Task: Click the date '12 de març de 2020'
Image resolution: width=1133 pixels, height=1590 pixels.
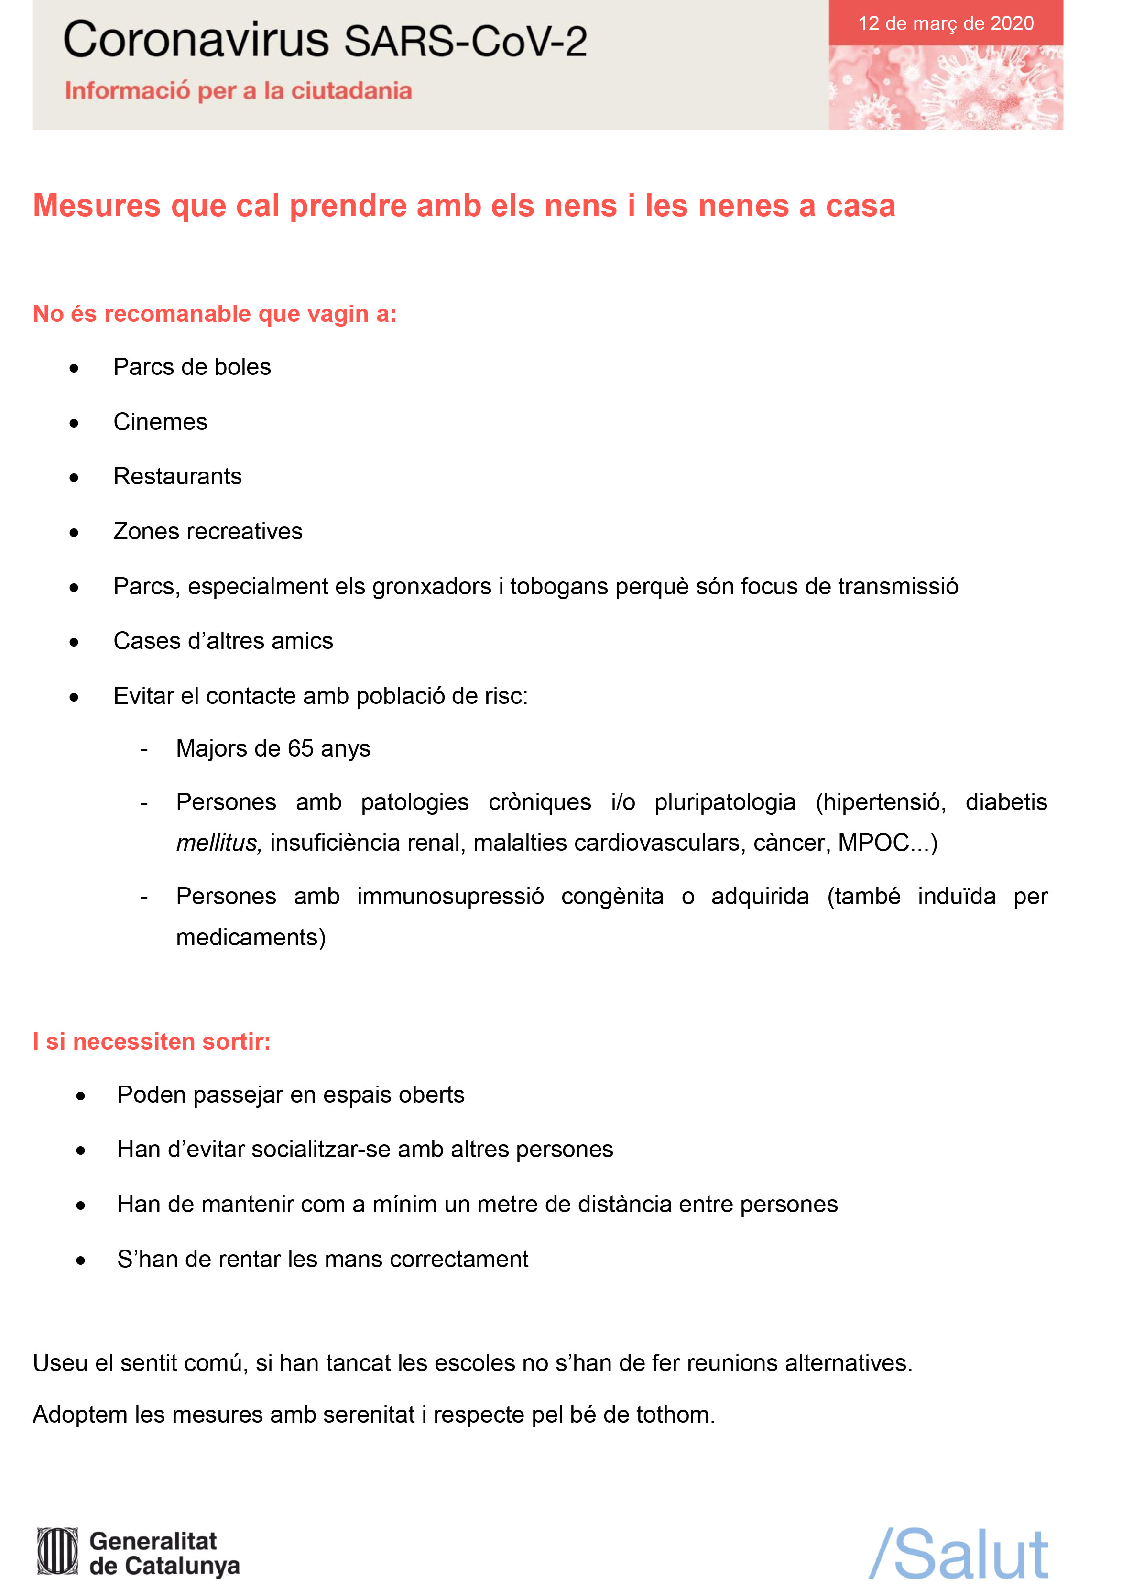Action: (x=945, y=24)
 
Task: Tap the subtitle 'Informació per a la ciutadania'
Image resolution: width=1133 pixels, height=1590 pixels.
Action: (x=238, y=91)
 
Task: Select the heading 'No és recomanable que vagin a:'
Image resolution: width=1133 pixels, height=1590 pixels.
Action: (x=215, y=314)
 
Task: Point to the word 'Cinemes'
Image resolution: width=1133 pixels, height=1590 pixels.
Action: (x=161, y=422)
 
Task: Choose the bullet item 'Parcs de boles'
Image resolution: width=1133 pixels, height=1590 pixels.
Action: (x=192, y=367)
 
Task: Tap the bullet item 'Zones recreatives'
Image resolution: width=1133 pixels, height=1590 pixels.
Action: (x=208, y=532)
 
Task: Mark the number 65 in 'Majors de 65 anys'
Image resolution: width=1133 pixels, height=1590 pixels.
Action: (x=301, y=748)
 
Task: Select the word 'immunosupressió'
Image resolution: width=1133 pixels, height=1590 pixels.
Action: (x=450, y=897)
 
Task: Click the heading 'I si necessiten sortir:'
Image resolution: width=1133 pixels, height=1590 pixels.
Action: (x=152, y=1042)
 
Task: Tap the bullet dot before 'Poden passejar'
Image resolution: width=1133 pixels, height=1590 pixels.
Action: (x=81, y=1096)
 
